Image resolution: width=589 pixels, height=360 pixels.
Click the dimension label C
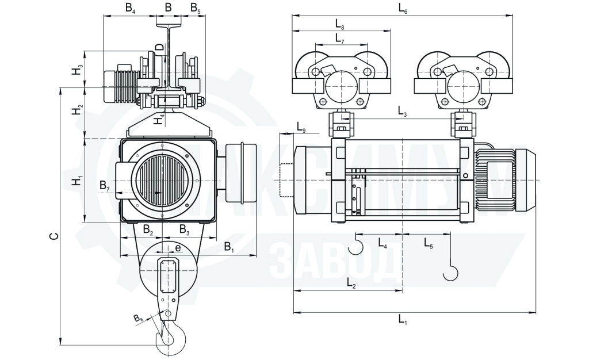pos(55,236)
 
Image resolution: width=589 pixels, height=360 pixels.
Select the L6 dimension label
pos(403,9)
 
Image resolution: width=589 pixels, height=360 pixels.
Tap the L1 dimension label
pos(403,320)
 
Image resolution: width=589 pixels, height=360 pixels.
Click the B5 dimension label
pos(196,8)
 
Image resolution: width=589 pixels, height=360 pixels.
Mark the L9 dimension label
pos(301,127)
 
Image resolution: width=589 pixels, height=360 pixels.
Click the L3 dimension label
pos(402,111)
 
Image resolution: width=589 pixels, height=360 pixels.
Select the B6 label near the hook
pos(138,319)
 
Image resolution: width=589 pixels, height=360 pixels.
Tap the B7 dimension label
pos(105,186)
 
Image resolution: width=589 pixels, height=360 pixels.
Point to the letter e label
pos(178,248)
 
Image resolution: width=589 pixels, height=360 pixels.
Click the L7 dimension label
pos(339,38)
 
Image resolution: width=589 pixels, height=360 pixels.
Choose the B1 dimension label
pos(229,247)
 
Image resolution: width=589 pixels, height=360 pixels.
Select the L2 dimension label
pos(351,283)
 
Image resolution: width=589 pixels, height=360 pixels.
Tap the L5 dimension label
pos(428,243)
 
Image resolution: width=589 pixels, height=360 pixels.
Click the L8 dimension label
pos(340,24)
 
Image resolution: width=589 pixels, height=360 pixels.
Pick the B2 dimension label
pos(148,229)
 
